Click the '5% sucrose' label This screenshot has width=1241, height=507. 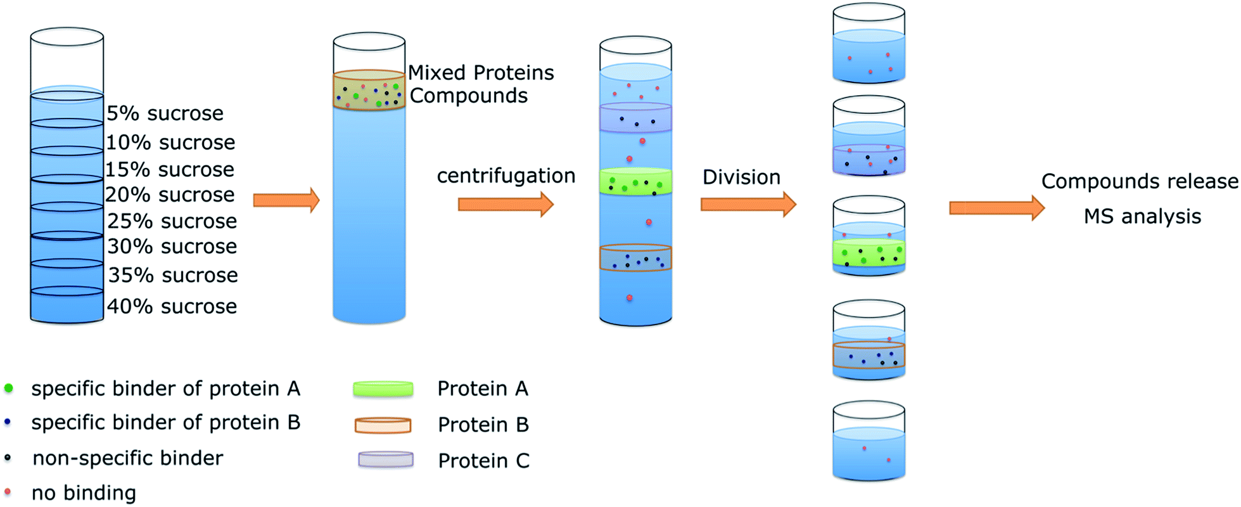coord(165,113)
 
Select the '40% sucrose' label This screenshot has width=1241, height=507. coord(172,307)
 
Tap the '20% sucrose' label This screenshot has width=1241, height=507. coord(170,195)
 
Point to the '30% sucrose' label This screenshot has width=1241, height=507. coord(172,247)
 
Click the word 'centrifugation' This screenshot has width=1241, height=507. coord(506,176)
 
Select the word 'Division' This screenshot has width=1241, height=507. coord(741,177)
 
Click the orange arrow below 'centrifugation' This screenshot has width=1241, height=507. coord(506,204)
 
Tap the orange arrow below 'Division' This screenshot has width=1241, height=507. coord(748,204)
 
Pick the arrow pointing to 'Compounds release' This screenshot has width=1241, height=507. coord(996,208)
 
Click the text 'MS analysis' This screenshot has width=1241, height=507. coord(1142,217)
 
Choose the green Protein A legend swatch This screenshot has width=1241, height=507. coord(383,389)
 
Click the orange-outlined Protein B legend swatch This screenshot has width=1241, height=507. coord(383,425)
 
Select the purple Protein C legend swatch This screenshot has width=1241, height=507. coord(385,460)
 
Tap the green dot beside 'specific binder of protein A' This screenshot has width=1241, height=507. coord(8,388)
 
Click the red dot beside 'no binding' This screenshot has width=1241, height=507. coord(8,492)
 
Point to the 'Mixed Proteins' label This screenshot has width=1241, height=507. coord(481,73)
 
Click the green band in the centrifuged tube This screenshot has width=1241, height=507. coord(635,182)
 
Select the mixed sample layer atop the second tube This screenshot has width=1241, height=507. coord(369,91)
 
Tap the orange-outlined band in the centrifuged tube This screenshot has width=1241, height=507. coord(635,258)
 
